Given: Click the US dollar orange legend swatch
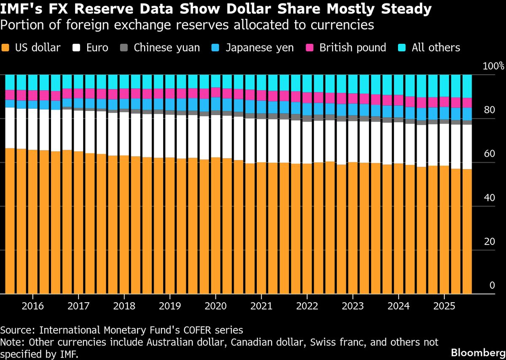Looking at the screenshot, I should coord(5,47).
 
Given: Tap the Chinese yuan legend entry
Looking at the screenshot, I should coord(167,47).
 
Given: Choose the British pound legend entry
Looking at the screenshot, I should coord(353,47).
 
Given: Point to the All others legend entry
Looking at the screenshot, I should coord(436,47).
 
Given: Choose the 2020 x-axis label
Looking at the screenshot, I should coord(215,305).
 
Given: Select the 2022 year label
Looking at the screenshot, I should coord(307,305).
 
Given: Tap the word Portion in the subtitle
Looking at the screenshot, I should coord(19,25).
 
